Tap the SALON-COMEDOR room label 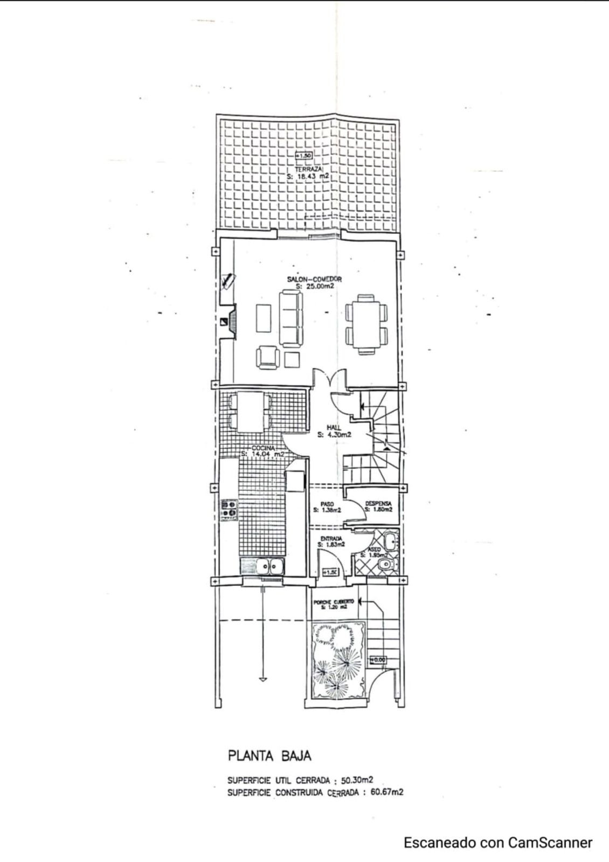315,280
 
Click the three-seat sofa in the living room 291,318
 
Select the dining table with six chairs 366,323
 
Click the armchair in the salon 268,358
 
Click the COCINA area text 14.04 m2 262,454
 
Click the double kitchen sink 270,566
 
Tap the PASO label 327,504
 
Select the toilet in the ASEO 386,564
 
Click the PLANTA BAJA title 269,756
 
